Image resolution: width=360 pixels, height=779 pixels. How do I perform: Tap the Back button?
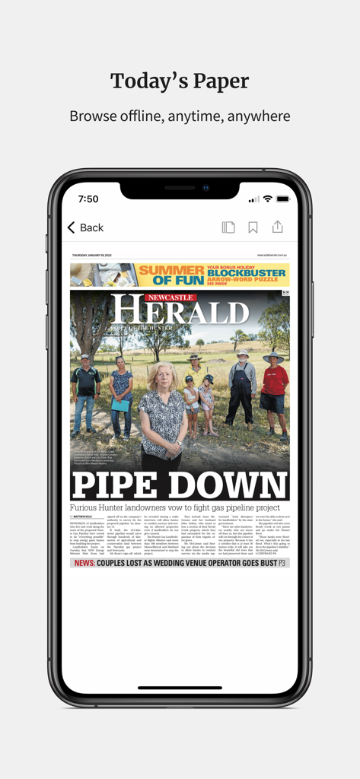(85, 227)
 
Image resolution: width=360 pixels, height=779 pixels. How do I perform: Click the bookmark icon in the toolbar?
(253, 227)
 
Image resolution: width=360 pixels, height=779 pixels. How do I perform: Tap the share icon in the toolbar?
(277, 227)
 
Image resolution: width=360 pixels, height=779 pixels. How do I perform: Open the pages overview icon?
(228, 227)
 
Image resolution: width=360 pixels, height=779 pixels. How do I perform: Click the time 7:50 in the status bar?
(88, 199)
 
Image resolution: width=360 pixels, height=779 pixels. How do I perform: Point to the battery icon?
(283, 199)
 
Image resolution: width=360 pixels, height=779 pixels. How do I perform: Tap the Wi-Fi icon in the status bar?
(267, 199)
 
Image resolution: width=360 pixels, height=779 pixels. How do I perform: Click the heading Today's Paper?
(180, 81)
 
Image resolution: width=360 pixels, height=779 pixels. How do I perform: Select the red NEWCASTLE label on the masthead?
(171, 297)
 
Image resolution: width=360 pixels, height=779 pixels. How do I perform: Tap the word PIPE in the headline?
(116, 485)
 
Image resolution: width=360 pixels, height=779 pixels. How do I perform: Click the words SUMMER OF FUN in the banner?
(171, 274)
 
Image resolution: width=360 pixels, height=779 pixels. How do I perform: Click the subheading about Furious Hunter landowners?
(175, 507)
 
